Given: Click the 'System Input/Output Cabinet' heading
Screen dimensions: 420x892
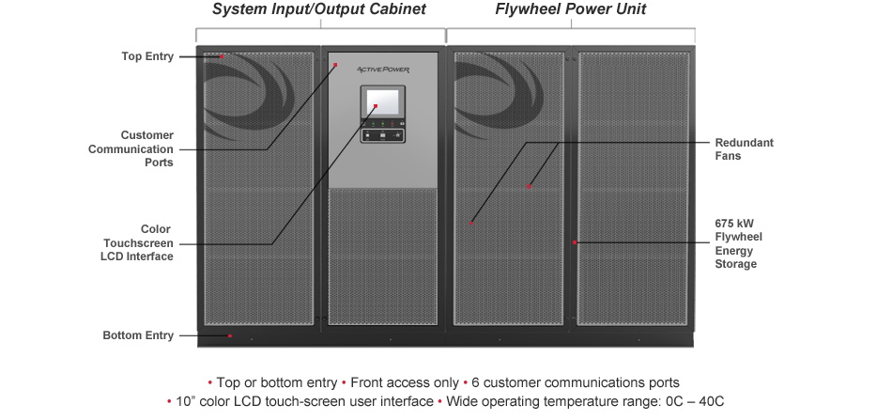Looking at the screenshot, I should click(319, 10).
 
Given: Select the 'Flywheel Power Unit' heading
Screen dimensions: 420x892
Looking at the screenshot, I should click(570, 10).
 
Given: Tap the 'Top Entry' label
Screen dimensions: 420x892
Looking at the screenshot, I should click(147, 56).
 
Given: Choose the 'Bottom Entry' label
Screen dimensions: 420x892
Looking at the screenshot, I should click(138, 335).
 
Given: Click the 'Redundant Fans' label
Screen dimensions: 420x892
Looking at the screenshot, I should click(744, 149).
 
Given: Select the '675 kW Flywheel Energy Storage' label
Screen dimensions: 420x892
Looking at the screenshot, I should click(735, 243).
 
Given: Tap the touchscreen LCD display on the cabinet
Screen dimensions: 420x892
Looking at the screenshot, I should click(382, 102).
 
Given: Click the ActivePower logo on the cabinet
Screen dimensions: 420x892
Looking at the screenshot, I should click(382, 70).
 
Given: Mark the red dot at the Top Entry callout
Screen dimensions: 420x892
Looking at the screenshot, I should click(221, 56).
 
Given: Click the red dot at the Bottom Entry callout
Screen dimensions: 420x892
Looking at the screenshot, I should click(230, 335).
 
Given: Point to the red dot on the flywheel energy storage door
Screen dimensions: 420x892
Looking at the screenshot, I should click(575, 242).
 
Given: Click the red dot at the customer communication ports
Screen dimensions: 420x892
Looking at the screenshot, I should click(335, 65).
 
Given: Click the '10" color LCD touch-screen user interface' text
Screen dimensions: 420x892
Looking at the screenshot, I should click(304, 401).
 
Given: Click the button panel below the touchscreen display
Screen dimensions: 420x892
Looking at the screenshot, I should click(382, 135).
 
